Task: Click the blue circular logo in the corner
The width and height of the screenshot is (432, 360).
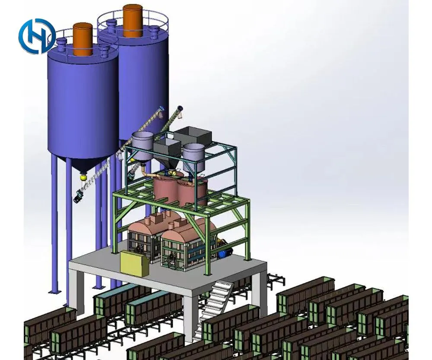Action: pos(36,36)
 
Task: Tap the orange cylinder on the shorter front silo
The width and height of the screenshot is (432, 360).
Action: pos(83,39)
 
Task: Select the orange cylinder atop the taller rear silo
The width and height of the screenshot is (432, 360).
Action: pos(133,21)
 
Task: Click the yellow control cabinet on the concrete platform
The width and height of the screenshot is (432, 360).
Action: pos(135,264)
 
